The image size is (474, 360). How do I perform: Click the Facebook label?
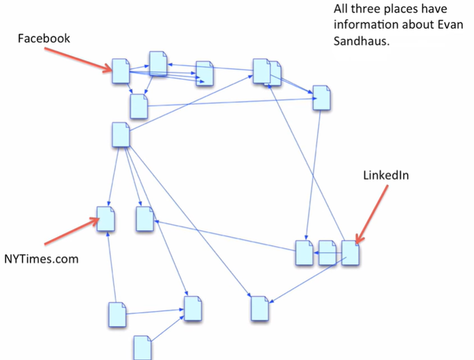(44, 39)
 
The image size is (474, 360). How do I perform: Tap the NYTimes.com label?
(41, 258)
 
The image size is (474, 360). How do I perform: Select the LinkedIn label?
(386, 175)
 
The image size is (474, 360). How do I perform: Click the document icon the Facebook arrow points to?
(121, 71)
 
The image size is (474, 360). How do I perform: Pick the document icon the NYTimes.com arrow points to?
(106, 218)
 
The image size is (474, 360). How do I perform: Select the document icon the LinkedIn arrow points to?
(351, 253)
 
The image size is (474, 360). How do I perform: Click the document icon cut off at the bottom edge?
(143, 348)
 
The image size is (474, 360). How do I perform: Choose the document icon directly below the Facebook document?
(139, 106)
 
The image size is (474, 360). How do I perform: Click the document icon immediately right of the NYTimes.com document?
(145, 218)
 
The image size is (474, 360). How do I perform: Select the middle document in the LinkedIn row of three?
(327, 253)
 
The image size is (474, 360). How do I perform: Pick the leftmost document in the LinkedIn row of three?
(305, 253)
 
